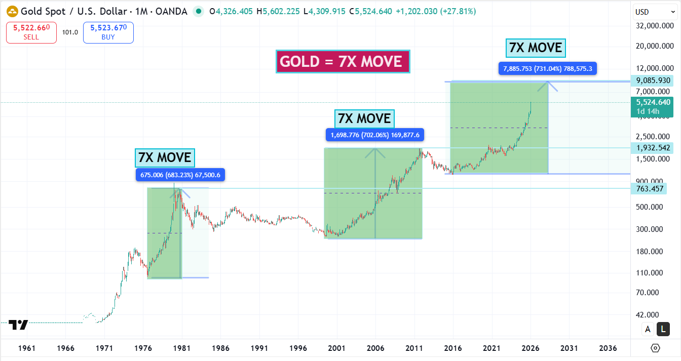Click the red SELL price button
(31, 32)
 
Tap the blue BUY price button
(108, 32)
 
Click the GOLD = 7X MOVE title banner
(343, 62)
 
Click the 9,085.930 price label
(653, 81)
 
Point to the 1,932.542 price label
(653, 148)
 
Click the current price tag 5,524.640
(653, 102)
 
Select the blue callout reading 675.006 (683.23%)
(180, 175)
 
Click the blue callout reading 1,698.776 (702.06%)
(375, 135)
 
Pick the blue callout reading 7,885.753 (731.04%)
(548, 68)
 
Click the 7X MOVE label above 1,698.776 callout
(364, 119)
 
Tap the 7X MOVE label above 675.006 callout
(165, 158)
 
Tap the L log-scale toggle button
(663, 329)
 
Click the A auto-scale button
(648, 329)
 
